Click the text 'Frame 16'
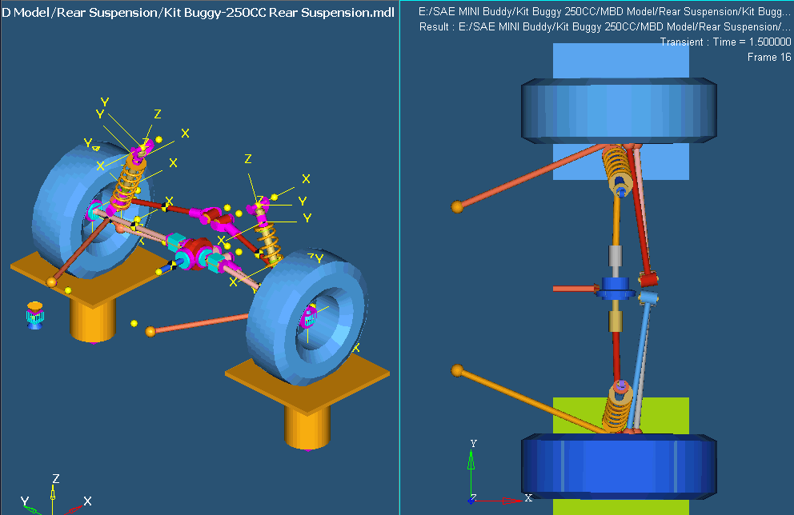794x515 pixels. click(768, 57)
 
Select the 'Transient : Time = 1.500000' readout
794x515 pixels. click(725, 42)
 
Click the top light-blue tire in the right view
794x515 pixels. click(619, 110)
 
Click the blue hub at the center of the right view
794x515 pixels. click(616, 287)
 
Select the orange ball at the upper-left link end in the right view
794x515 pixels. click(457, 206)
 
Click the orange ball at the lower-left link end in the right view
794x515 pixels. click(457, 371)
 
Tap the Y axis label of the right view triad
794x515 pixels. click(474, 443)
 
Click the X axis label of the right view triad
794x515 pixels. click(528, 497)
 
